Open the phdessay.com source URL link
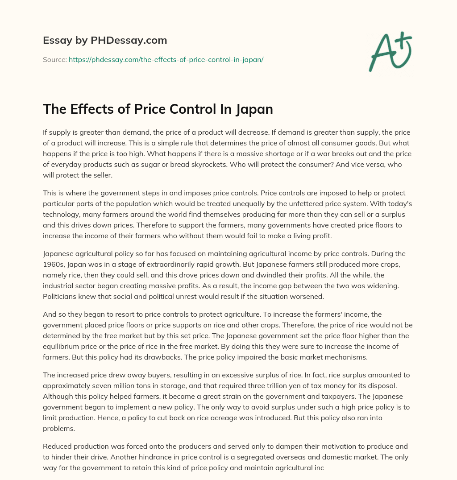point(166,59)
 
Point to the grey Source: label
point(54,59)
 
